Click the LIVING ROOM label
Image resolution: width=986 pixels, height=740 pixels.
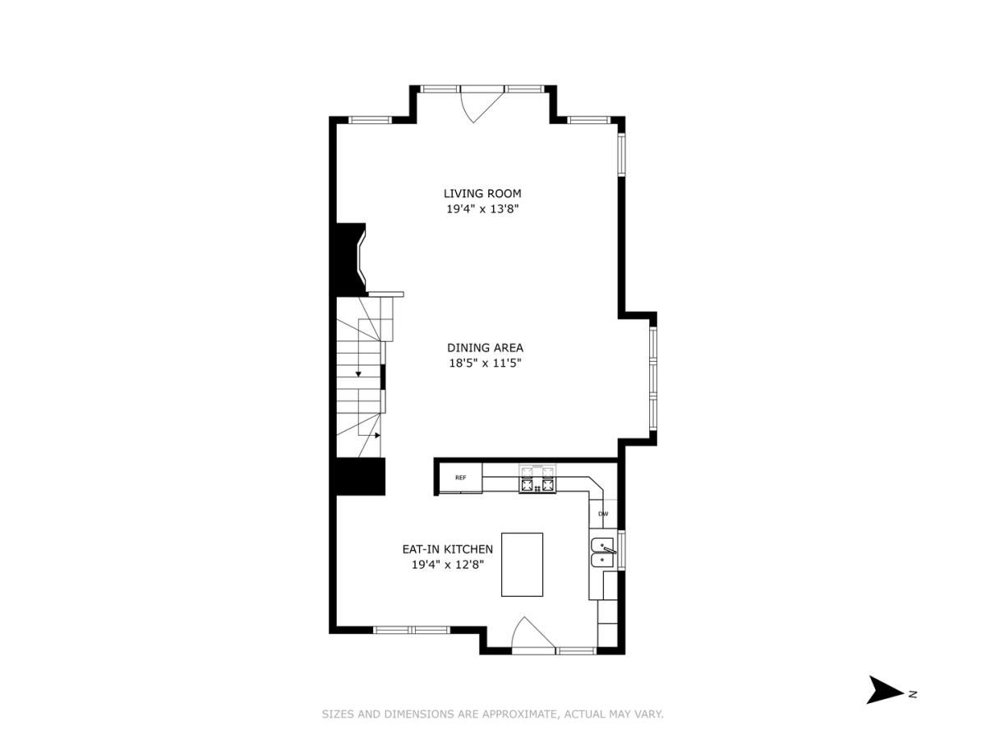pyautogui.click(x=482, y=193)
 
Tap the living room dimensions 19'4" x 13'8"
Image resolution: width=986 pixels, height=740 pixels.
pyautogui.click(x=482, y=209)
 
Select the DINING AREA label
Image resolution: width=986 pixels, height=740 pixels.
pyautogui.click(x=485, y=348)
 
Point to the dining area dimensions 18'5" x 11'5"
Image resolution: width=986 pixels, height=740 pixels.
pyautogui.click(x=485, y=363)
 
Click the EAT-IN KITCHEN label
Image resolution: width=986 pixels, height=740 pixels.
pyautogui.click(x=447, y=549)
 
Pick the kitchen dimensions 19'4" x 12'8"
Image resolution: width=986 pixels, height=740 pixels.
pyautogui.click(x=447, y=564)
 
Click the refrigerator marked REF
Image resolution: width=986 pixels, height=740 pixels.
pyautogui.click(x=460, y=478)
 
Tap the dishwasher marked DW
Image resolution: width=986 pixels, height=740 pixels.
pyautogui.click(x=603, y=514)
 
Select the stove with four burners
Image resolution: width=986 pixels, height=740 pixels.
pyautogui.click(x=537, y=479)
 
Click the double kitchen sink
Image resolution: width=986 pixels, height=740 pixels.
pyautogui.click(x=602, y=552)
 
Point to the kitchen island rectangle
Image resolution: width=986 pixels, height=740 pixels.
pyautogui.click(x=522, y=564)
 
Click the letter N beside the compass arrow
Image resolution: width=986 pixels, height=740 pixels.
pyautogui.click(x=913, y=694)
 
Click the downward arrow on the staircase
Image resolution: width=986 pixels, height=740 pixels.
pyautogui.click(x=358, y=373)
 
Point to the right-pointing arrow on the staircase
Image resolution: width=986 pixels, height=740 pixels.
pyautogui.click(x=377, y=435)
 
